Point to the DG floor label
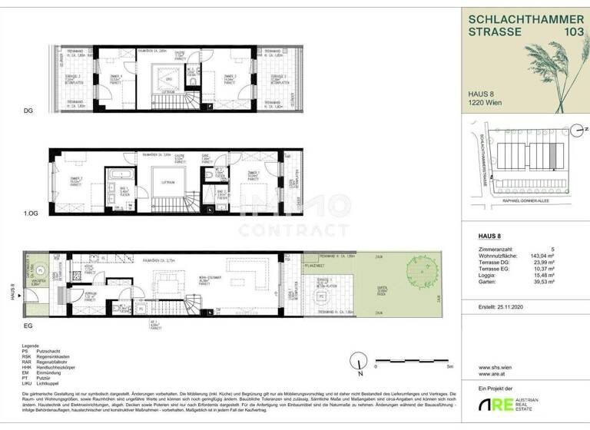[28, 111]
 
